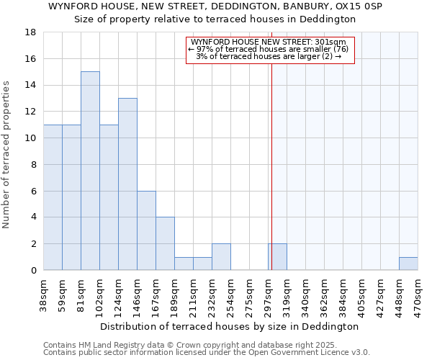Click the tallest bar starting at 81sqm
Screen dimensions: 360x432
[90, 171]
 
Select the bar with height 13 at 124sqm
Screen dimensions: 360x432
[127, 184]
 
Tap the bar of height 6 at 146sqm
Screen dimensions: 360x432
[146, 230]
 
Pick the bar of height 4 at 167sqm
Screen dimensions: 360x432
[165, 243]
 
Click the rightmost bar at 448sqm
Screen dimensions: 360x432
[408, 264]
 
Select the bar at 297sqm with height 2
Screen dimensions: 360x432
[277, 257]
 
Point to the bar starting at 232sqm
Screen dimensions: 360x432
[221, 257]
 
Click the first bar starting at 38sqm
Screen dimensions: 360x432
[53, 197]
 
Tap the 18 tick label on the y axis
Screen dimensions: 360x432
[31, 32]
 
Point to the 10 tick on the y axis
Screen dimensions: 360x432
[31, 138]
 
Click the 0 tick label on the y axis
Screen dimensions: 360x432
[33, 271]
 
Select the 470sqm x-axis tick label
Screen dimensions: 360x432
[418, 294]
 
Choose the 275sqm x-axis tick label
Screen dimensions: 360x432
[249, 294]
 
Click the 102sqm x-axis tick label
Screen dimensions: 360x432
[99, 294]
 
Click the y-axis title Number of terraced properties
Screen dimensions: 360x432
[7, 155]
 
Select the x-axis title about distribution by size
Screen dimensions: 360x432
[230, 326]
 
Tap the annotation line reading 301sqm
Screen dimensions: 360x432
[271, 42]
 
